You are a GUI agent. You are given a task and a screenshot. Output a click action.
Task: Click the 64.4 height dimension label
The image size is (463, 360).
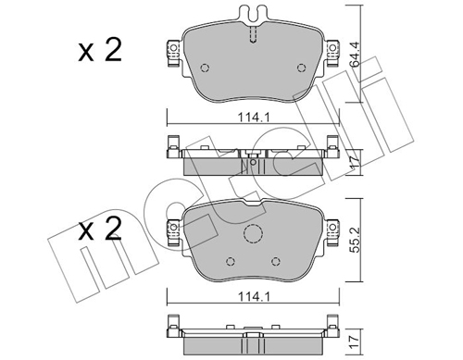(x=356, y=55)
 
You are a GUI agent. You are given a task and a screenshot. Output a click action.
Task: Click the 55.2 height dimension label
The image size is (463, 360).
(x=356, y=240)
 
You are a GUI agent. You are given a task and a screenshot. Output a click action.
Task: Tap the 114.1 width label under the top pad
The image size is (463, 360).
(x=254, y=118)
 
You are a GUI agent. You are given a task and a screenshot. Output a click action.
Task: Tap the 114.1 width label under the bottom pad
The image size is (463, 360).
(x=254, y=297)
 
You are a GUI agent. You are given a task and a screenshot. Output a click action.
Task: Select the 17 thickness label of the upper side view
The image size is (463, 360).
(x=356, y=162)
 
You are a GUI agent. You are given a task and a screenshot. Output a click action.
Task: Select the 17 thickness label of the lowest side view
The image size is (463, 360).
(x=356, y=341)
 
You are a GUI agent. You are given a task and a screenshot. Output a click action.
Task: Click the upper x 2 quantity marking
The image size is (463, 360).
(x=100, y=50)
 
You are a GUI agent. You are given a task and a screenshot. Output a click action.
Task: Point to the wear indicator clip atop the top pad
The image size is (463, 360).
(x=253, y=14)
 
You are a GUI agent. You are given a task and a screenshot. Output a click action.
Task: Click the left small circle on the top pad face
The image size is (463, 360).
(x=205, y=68)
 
